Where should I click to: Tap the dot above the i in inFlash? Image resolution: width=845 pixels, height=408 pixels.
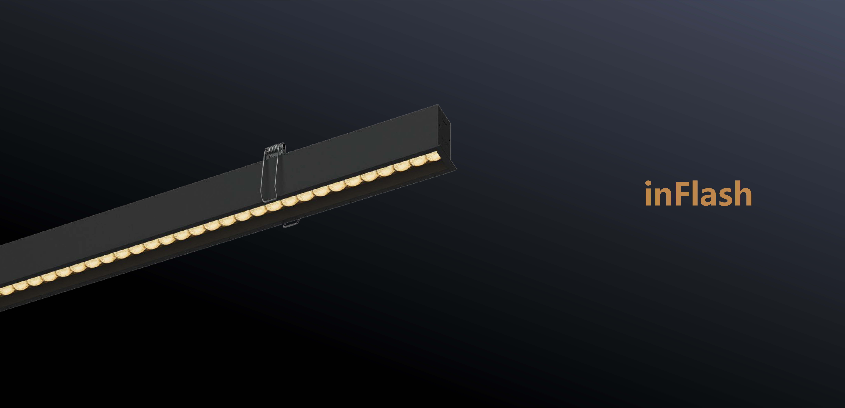[648, 183]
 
